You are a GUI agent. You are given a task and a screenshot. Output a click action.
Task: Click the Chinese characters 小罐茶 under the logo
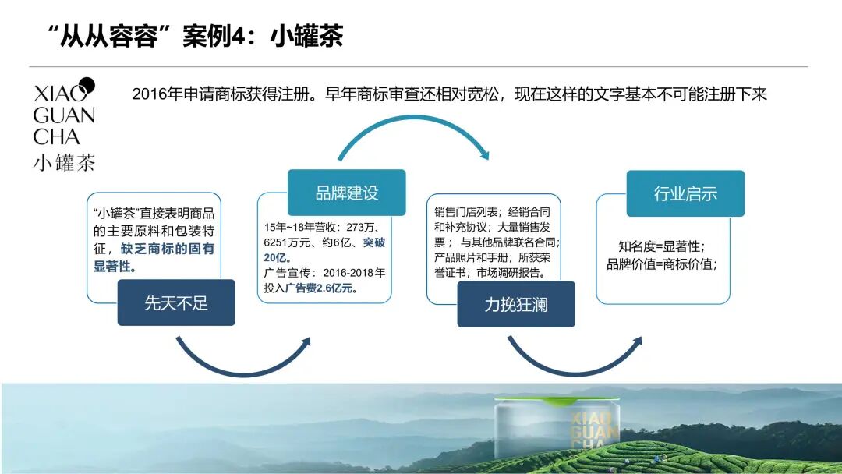(64, 163)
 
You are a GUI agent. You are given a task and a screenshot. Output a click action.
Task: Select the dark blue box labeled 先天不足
(176, 302)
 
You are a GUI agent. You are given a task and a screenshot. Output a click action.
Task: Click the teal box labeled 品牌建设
(346, 193)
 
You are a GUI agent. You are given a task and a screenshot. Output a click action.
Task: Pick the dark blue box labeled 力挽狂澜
(515, 304)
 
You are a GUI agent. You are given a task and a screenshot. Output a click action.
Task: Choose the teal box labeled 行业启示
(685, 193)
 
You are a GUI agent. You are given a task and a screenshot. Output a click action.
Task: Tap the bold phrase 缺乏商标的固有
(167, 249)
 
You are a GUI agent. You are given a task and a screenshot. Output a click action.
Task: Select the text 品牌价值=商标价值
(661, 264)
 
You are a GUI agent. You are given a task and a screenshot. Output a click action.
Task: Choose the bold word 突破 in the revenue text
(373, 242)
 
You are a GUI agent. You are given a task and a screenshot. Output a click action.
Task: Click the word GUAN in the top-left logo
(64, 115)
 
